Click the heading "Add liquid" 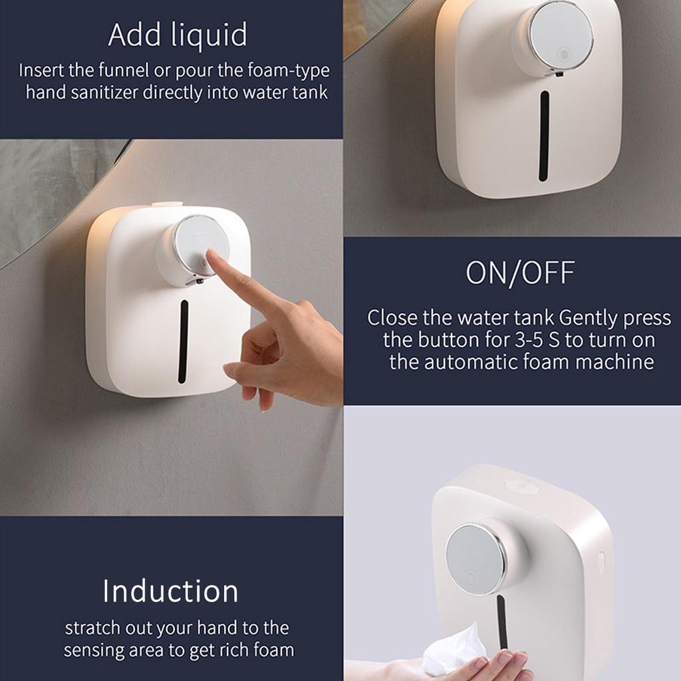point(177,35)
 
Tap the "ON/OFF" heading point(520,273)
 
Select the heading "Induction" point(170,591)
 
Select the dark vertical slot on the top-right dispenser point(544,136)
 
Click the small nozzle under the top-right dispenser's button point(558,74)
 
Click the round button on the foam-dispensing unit point(476,557)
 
